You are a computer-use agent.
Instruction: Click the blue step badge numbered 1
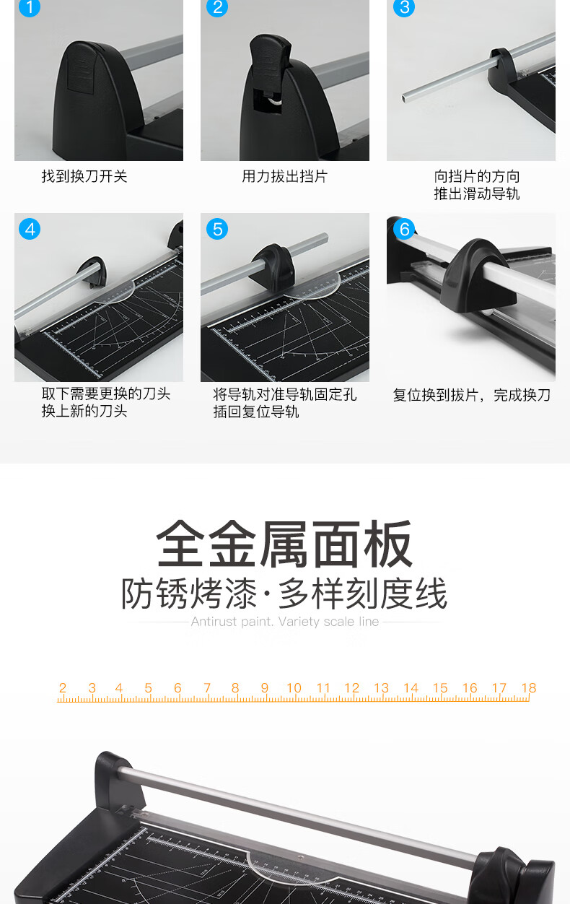click(30, 7)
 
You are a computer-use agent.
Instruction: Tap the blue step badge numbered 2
click(217, 7)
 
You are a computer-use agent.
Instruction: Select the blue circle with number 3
click(404, 7)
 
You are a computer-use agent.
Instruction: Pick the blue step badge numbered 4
click(30, 229)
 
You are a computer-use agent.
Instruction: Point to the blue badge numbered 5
click(217, 229)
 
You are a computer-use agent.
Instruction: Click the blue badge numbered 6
click(404, 229)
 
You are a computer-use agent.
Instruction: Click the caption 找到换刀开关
click(84, 176)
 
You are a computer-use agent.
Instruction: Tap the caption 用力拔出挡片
click(284, 176)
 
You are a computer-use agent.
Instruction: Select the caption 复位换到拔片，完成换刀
click(472, 395)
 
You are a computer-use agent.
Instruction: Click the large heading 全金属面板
click(284, 543)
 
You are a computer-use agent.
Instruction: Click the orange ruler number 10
click(294, 687)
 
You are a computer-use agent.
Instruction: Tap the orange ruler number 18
click(528, 687)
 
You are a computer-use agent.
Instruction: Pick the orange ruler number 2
click(63, 687)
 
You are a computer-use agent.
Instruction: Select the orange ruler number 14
click(411, 687)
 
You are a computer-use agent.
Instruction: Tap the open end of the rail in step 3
click(405, 97)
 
